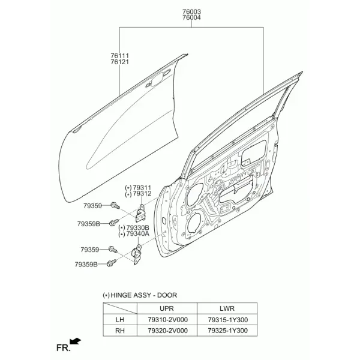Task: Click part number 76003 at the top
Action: (x=191, y=11)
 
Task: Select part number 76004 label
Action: (x=191, y=17)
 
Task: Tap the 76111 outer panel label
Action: (x=119, y=56)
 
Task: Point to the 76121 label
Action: (x=119, y=62)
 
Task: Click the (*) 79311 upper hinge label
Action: (x=138, y=188)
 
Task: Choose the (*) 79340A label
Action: (x=134, y=234)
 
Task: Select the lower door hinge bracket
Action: (x=137, y=255)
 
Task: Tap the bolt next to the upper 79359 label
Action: (x=115, y=205)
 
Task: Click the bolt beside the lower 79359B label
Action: (x=112, y=263)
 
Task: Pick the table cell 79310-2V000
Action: (x=167, y=320)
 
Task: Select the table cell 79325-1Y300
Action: (x=228, y=331)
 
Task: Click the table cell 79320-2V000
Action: (x=167, y=331)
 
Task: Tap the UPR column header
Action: (x=167, y=308)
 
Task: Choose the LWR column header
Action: (x=227, y=308)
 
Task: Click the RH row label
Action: (x=120, y=331)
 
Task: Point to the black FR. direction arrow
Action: (x=75, y=341)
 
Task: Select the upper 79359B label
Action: (x=89, y=224)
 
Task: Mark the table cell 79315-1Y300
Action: (x=228, y=320)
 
